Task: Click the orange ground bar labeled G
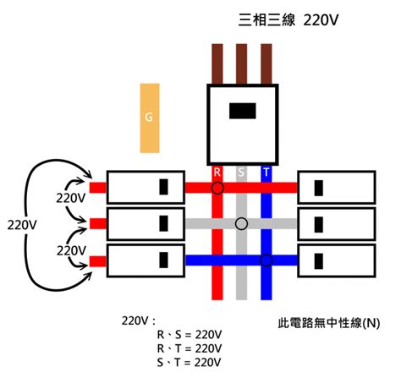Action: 150,118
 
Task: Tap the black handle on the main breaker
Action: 243,111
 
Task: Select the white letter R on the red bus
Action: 217,172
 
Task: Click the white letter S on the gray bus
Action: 241,172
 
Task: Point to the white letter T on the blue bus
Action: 266,172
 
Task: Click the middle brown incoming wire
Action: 241,64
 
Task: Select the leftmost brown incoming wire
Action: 217,64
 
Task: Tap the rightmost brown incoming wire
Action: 266,64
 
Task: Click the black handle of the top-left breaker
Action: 163,187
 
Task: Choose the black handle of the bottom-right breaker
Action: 319,261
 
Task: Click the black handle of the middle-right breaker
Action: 319,225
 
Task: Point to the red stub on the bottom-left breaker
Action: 98,261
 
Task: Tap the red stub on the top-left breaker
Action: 98,188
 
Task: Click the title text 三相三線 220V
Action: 288,20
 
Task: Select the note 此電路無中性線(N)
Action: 329,323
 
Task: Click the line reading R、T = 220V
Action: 190,348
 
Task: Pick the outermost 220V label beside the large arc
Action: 22,225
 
